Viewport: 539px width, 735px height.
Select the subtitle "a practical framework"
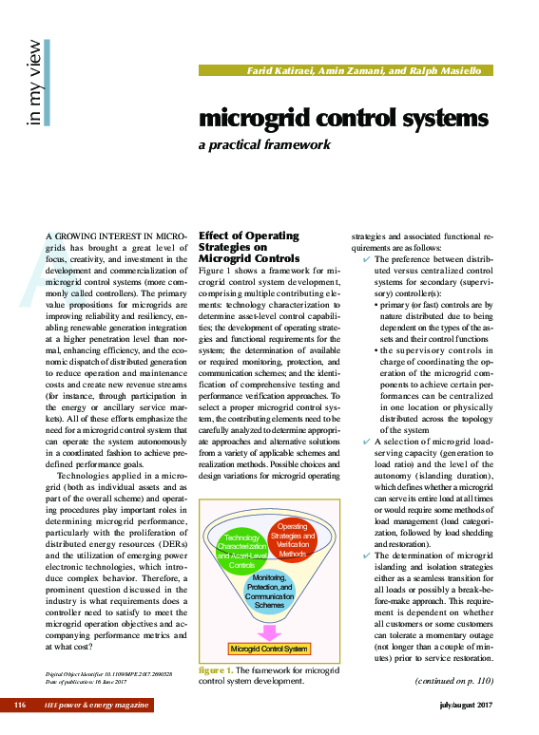coord(263,145)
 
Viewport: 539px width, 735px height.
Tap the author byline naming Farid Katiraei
coord(364,71)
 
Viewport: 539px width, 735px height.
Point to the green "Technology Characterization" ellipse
coord(237,552)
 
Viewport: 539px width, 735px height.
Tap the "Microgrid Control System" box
coord(270,649)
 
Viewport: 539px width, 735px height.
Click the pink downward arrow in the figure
coord(270,631)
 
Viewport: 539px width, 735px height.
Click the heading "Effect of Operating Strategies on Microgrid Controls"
coord(248,247)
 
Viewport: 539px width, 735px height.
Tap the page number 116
coord(20,705)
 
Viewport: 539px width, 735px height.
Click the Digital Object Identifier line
coord(108,673)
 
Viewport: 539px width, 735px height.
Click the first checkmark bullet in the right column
coord(367,259)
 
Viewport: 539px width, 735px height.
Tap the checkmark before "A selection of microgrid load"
coord(367,443)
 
